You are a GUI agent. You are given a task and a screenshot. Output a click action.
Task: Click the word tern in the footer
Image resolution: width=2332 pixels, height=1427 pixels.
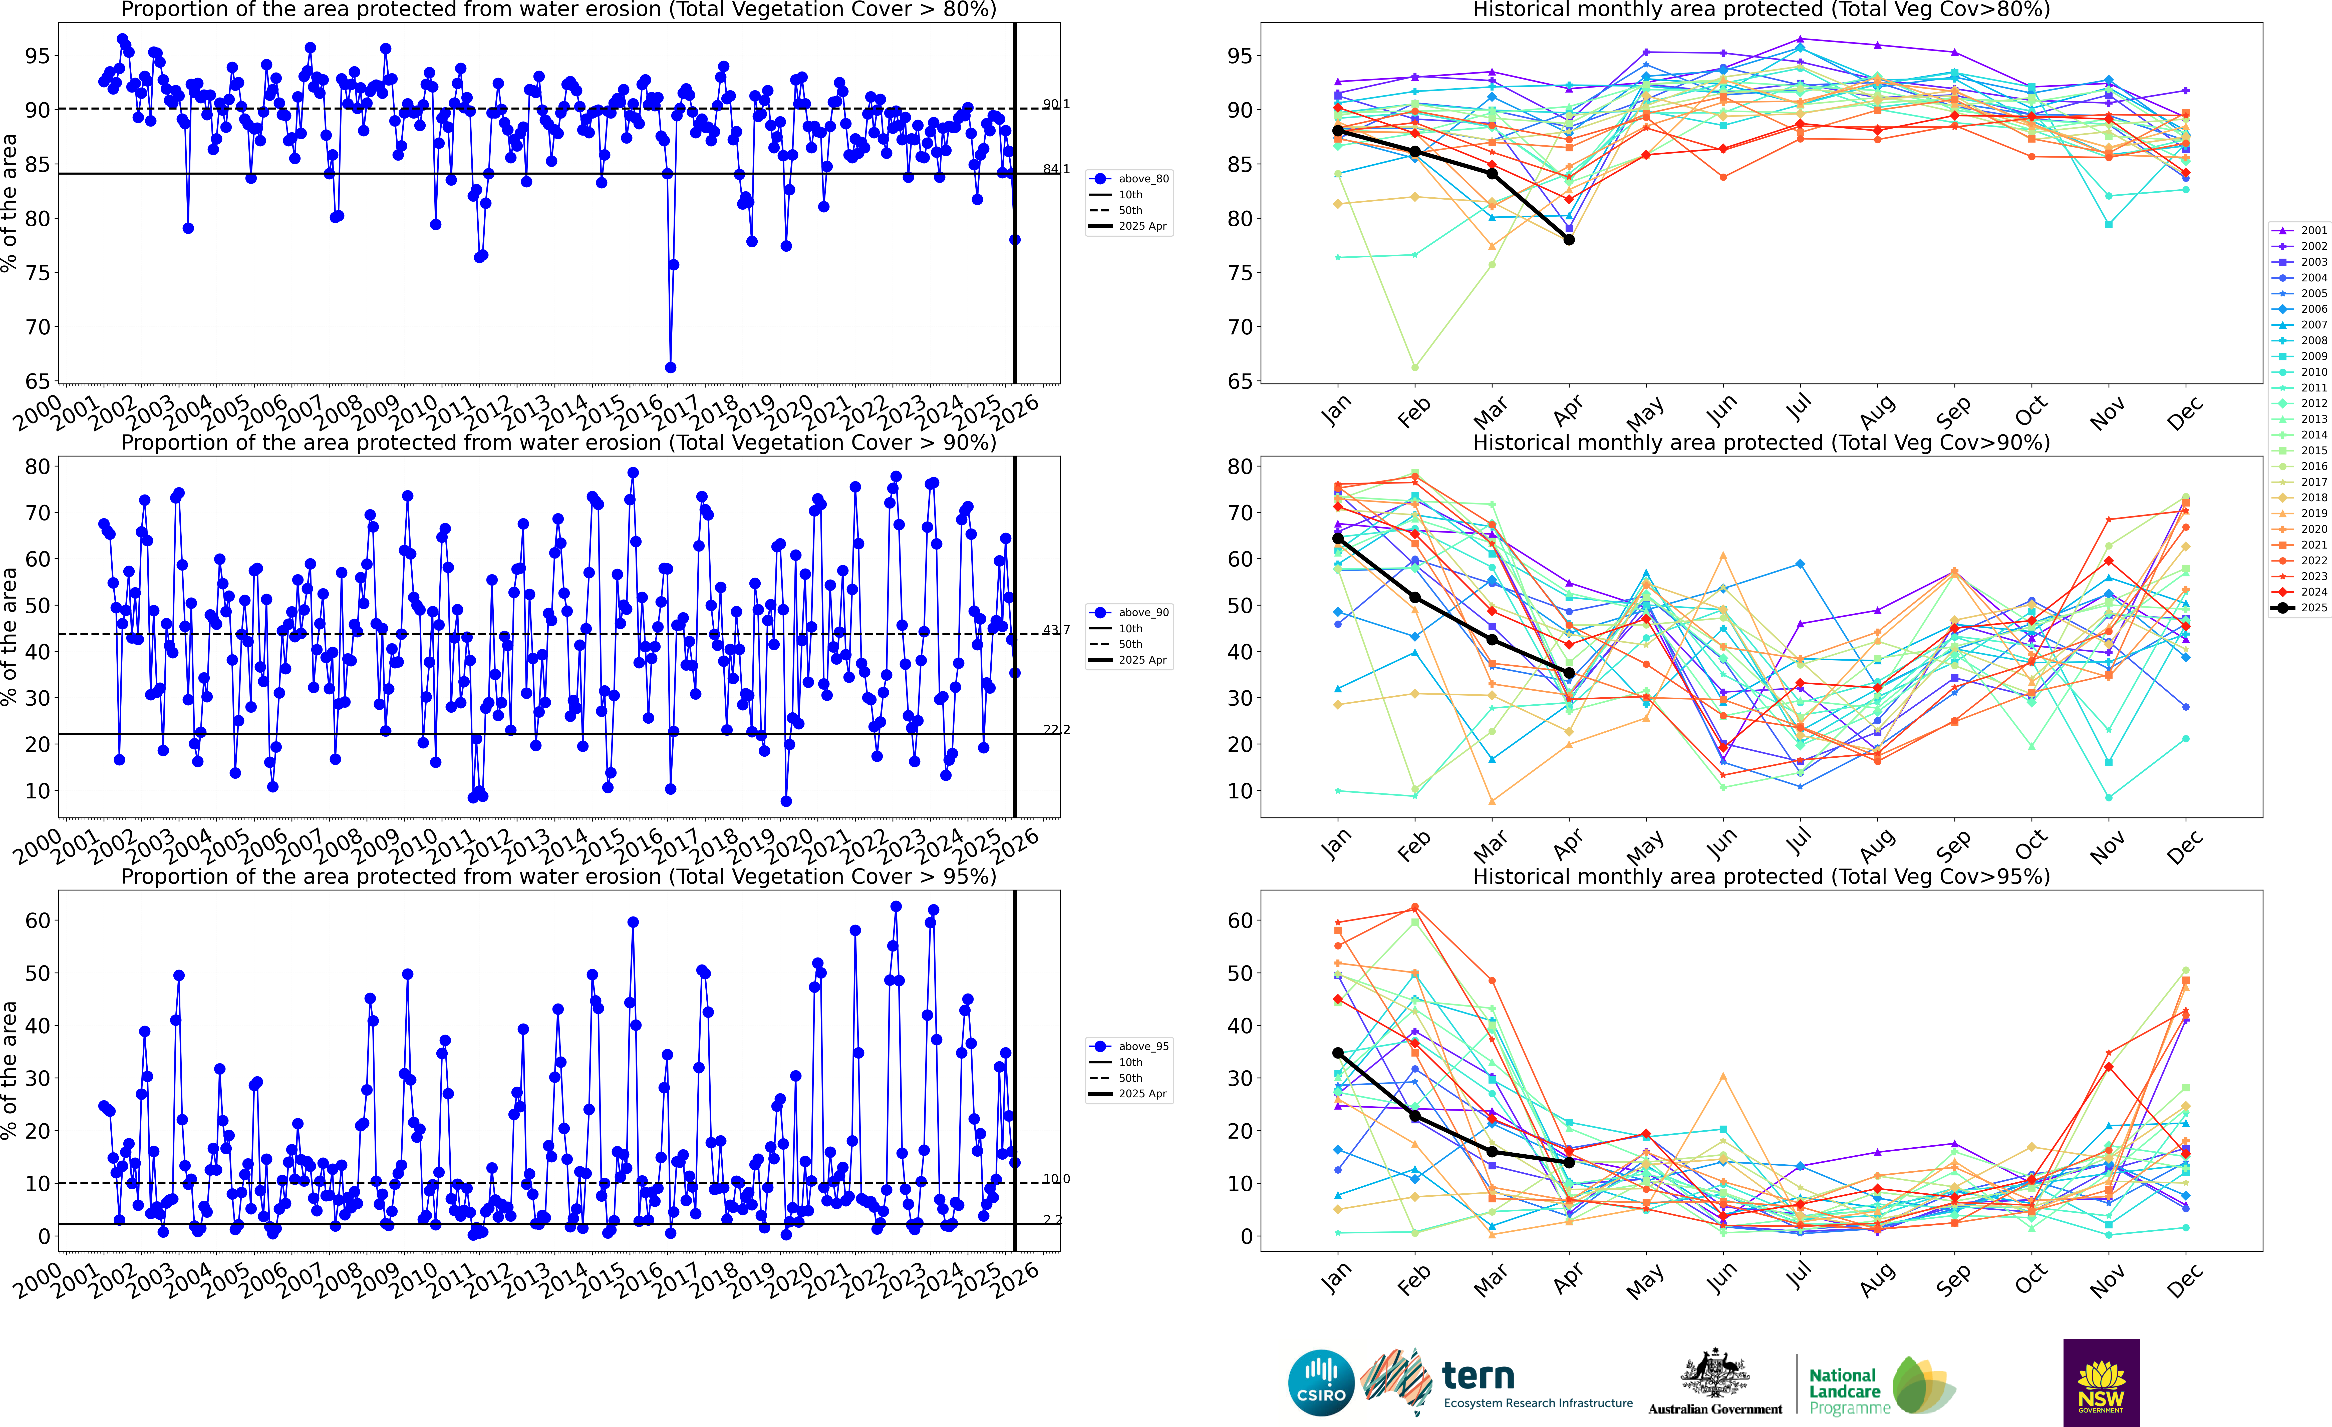pos(1478,1375)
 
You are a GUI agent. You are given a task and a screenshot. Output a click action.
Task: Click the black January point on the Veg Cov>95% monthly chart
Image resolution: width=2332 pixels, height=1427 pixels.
pos(1337,1053)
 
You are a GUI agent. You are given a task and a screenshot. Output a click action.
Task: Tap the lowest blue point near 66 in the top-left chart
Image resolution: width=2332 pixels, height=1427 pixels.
pos(670,367)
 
